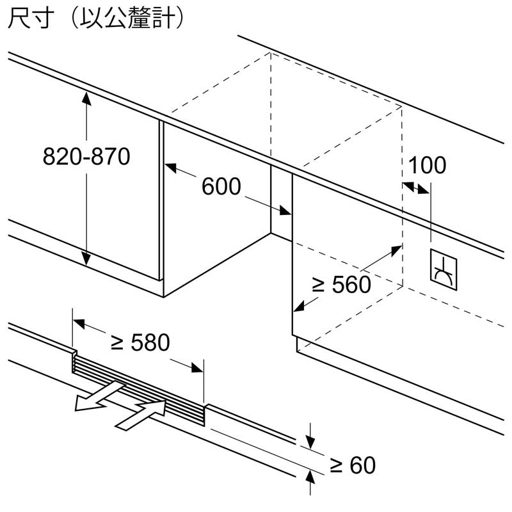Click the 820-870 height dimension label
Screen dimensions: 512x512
coord(86,156)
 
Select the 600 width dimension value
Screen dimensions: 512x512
coord(221,186)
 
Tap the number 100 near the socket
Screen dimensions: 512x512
coord(427,165)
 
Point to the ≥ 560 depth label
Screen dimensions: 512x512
coord(341,284)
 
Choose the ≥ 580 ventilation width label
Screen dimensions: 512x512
coord(140,342)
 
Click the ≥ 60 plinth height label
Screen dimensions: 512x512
coord(353,465)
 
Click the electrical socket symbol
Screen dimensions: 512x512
coord(444,269)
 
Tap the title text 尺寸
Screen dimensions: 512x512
coord(31,18)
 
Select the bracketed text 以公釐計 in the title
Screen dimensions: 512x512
coord(127,18)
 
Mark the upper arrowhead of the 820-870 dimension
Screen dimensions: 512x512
coord(86,98)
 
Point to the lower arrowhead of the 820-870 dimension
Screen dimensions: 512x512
coord(86,259)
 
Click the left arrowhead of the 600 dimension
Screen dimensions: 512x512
coord(170,168)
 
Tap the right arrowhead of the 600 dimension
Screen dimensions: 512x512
coord(285,210)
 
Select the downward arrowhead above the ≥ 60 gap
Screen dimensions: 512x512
coord(310,443)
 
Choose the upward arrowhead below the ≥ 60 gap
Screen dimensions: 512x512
coord(310,477)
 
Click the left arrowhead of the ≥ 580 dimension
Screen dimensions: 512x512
coord(79,324)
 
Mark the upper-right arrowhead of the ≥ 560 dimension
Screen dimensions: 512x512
coord(396,250)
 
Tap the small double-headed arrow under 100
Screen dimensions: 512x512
coord(416,188)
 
